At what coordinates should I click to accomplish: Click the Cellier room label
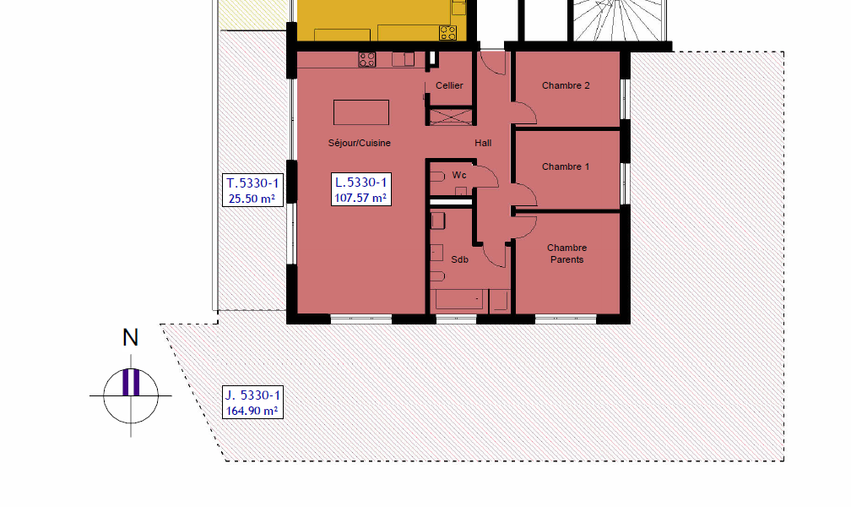point(449,85)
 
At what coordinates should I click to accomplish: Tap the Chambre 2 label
point(566,85)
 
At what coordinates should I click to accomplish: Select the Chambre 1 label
point(566,166)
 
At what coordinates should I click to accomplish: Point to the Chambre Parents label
point(566,253)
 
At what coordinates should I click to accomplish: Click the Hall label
point(483,143)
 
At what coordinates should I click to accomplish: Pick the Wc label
point(459,175)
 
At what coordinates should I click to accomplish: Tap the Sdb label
point(459,259)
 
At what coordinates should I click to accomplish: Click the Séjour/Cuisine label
point(360,143)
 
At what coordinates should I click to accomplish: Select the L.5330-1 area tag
point(361,189)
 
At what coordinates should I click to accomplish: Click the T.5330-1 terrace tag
point(252,190)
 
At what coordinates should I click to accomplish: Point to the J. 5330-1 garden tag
point(252,403)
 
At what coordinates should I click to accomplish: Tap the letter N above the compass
point(130,337)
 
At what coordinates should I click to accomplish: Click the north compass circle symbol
point(131,396)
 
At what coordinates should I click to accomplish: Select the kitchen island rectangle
point(361,112)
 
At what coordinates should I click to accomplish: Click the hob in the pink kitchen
point(367,59)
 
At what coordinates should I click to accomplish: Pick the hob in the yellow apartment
point(447,33)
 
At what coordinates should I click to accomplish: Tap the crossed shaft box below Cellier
point(451,117)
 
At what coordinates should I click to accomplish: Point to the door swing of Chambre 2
point(525,112)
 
